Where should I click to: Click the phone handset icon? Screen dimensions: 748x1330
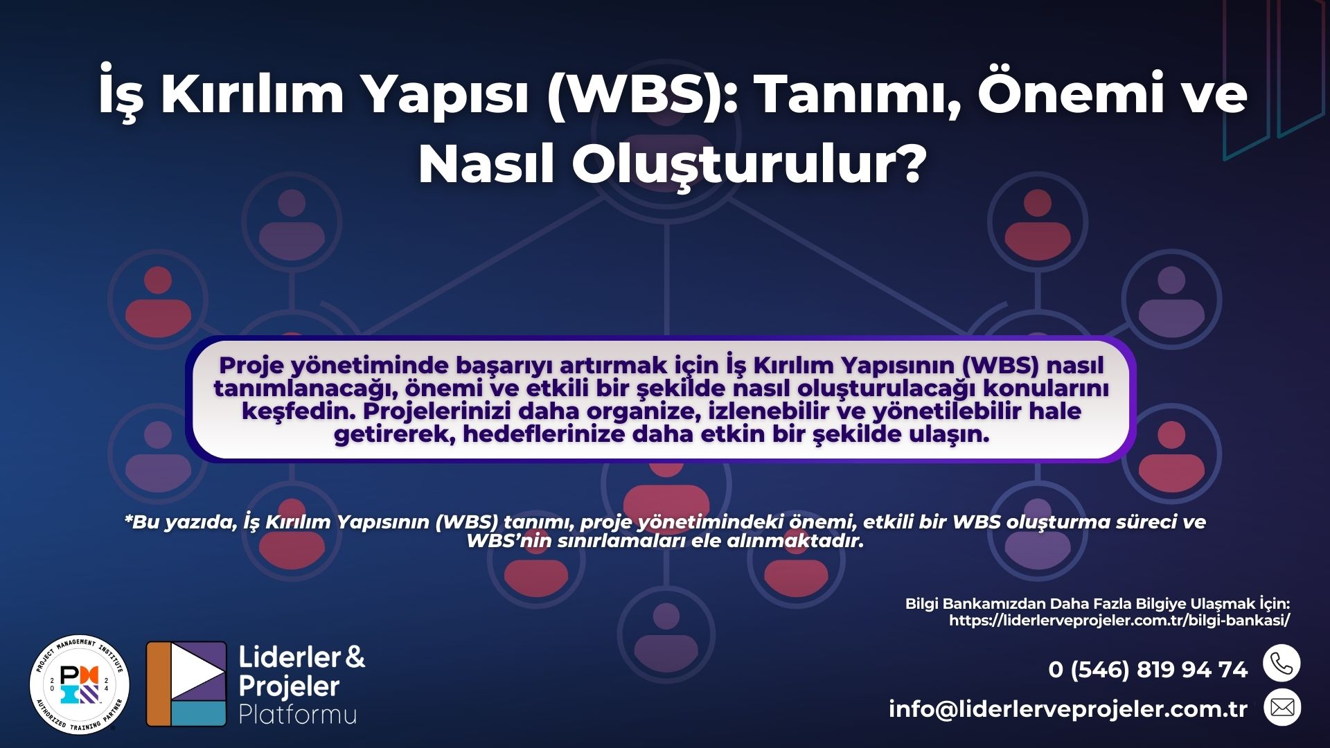click(x=1282, y=664)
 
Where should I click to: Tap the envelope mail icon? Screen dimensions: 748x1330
click(x=1282, y=708)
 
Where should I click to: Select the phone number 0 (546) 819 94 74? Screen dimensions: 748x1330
click(x=1148, y=670)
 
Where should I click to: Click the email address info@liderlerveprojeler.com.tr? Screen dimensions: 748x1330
click(x=1067, y=709)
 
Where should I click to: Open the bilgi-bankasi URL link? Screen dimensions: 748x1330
click(x=1119, y=621)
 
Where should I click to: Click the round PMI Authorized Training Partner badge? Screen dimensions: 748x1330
click(x=80, y=684)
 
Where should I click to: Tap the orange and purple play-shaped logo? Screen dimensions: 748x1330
click(x=186, y=684)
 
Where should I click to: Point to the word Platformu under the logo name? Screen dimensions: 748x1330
click(x=297, y=714)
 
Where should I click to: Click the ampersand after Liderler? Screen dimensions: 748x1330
click(x=355, y=657)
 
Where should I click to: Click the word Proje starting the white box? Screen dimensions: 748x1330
click(x=251, y=365)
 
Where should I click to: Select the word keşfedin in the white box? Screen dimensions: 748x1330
click(x=298, y=411)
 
